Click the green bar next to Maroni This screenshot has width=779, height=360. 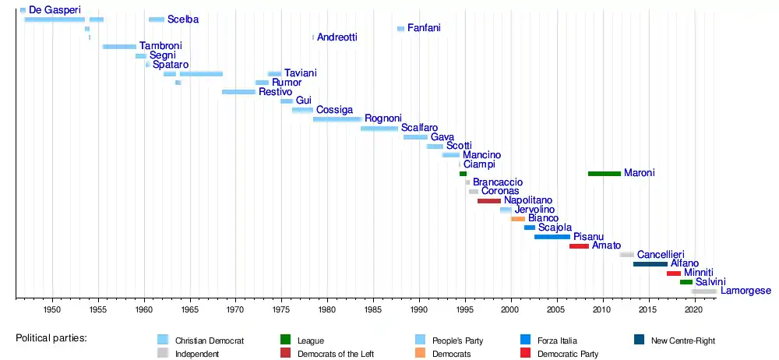pos(604,173)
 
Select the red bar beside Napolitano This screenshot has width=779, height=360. pos(488,201)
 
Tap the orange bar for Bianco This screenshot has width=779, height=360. pos(517,219)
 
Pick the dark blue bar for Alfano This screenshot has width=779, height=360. pos(650,264)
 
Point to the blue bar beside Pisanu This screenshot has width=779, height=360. pos(552,237)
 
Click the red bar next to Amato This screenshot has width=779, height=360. pos(579,246)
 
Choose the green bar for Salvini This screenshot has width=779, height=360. pos(686,282)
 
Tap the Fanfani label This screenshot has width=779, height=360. pos(424,28)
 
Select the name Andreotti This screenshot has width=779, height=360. pos(337,37)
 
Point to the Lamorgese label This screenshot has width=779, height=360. pos(746,291)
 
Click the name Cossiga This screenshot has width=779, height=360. pos(334,110)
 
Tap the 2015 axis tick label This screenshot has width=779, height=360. pos(647,310)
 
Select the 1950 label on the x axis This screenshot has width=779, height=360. pos(52,310)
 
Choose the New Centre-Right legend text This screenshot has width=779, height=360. pos(683,341)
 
